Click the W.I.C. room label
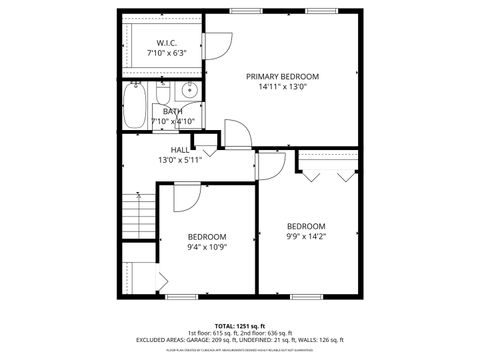165,43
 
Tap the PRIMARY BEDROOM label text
283,77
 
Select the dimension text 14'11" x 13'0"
283,87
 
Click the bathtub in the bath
133,103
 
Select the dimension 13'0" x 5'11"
179,160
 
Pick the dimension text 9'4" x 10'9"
207,247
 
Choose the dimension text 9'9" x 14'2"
306,236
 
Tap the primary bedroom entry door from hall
231,134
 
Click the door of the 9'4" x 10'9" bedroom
186,198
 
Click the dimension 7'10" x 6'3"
165,53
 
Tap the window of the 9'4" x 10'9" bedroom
180,297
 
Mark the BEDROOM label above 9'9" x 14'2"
306,226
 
